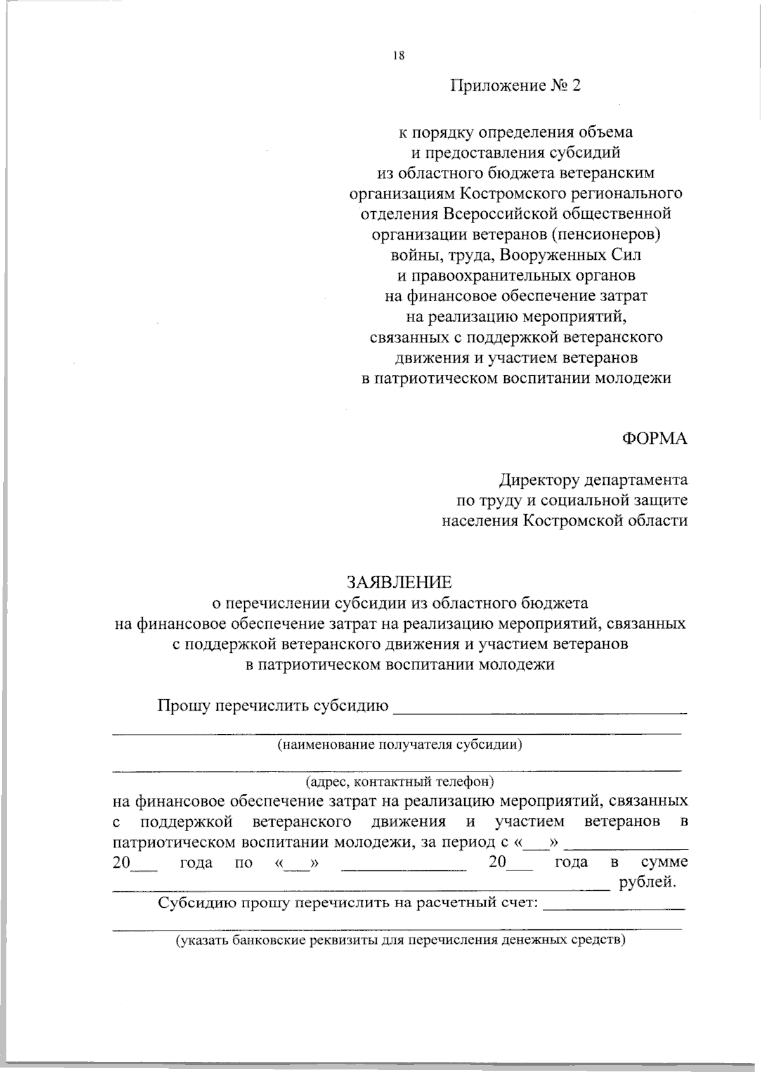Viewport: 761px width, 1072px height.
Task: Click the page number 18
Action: click(x=398, y=55)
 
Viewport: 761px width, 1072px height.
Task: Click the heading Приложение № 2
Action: click(x=515, y=86)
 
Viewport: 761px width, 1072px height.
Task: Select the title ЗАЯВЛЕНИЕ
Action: click(x=399, y=581)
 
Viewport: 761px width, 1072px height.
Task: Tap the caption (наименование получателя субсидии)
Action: click(x=400, y=745)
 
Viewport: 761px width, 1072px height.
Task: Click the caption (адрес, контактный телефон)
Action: click(x=400, y=781)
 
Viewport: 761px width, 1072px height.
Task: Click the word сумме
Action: click(x=664, y=862)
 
